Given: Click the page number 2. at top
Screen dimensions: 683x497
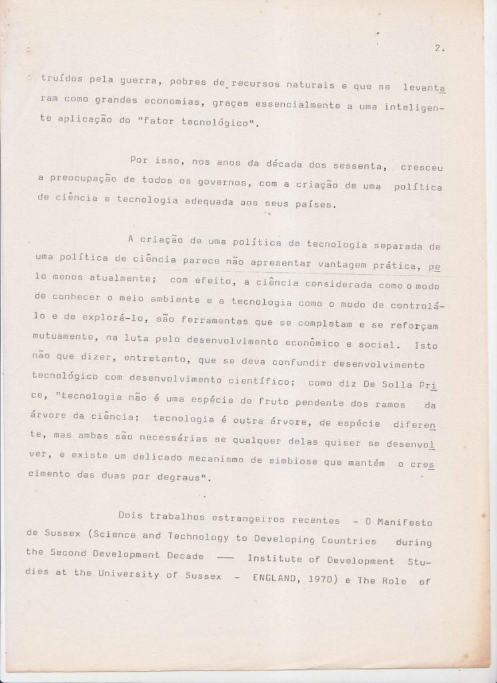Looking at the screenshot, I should pyautogui.click(x=439, y=48).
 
